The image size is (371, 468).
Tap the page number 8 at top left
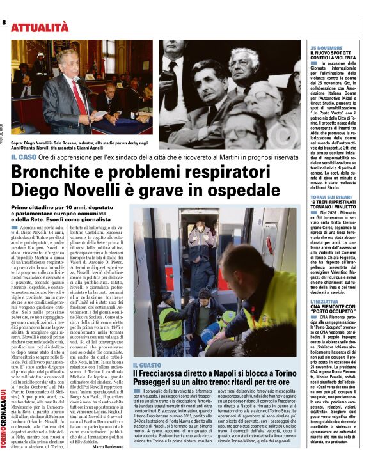[x=4, y=23]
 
